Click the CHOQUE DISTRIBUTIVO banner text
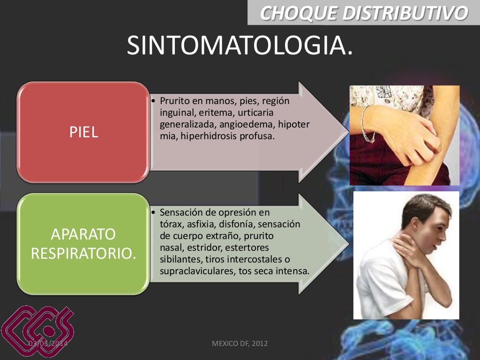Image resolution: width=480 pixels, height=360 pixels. point(364,13)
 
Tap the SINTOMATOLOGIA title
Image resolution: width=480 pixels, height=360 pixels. point(240,46)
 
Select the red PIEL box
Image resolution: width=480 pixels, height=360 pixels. point(83,132)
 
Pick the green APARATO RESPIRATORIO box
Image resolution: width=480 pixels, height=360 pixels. point(83,244)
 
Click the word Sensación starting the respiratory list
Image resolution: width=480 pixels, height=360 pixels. point(180,212)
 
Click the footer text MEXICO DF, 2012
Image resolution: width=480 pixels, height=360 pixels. point(240,344)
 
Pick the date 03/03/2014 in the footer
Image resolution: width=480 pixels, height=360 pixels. point(48,344)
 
